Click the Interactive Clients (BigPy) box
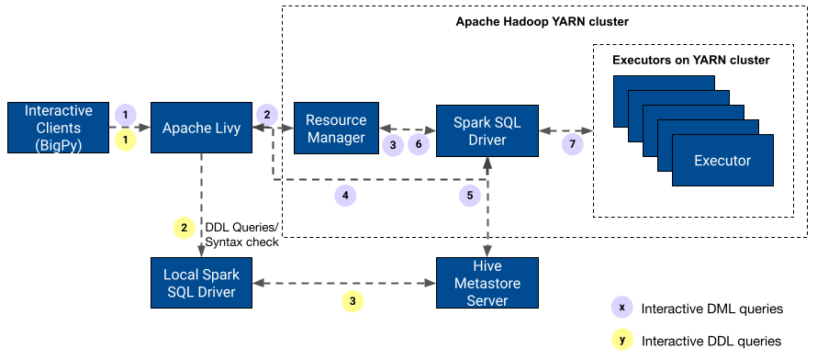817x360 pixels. point(58,128)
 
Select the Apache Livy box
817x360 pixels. point(201,128)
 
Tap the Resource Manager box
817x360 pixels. point(336,129)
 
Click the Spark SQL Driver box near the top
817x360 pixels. point(487,130)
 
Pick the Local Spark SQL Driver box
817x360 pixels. point(201,283)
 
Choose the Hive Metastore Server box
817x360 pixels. point(487,283)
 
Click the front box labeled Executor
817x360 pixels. point(722,161)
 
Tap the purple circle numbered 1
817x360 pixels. point(126,115)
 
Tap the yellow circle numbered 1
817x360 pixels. point(126,140)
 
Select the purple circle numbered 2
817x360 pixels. point(267,114)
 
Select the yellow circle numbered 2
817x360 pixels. point(185,227)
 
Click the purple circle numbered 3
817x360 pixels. point(393,145)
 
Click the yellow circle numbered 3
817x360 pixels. point(352,301)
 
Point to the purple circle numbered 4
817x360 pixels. point(345,196)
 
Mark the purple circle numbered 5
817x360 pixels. point(470,196)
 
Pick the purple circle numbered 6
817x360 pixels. point(419,145)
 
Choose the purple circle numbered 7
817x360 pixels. point(573,145)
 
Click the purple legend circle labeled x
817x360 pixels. point(622,307)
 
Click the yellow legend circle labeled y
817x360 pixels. point(622,339)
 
